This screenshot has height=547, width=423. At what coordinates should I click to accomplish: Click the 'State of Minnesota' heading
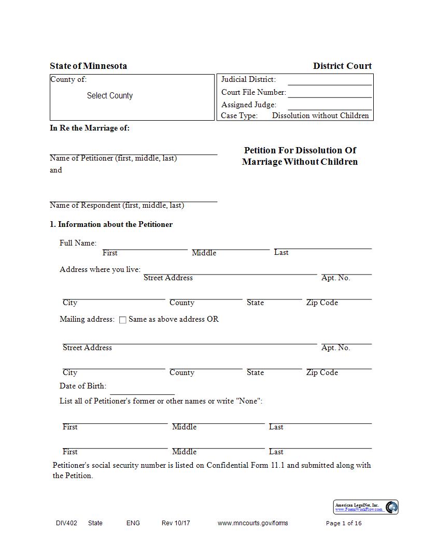[x=88, y=66]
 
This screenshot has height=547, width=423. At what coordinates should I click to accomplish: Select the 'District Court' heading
[x=342, y=66]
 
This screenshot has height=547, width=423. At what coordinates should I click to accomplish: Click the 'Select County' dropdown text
[x=110, y=96]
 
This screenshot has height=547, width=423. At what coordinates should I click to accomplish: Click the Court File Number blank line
[x=330, y=93]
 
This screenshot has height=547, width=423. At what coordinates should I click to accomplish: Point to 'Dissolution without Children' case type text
[x=320, y=116]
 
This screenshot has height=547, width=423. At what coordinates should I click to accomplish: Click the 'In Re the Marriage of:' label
[x=90, y=128]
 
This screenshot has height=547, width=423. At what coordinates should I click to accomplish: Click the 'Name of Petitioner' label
[x=113, y=159]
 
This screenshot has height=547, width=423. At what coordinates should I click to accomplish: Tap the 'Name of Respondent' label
[x=117, y=205]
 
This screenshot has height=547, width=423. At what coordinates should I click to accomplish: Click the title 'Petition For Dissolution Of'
[x=300, y=150]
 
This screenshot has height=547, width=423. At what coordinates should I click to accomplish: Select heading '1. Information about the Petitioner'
[x=111, y=224]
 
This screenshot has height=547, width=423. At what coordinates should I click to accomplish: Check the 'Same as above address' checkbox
[x=123, y=320]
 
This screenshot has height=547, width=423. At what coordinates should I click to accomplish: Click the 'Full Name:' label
[x=78, y=243]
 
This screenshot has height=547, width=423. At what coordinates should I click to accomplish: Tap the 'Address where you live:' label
[x=100, y=269]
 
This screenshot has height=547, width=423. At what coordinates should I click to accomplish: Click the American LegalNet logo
[x=365, y=507]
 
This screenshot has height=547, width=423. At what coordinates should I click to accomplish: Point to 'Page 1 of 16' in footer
[x=344, y=523]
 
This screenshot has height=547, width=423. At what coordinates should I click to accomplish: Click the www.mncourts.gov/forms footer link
[x=252, y=523]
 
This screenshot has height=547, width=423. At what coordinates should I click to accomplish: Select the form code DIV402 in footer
[x=66, y=523]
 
